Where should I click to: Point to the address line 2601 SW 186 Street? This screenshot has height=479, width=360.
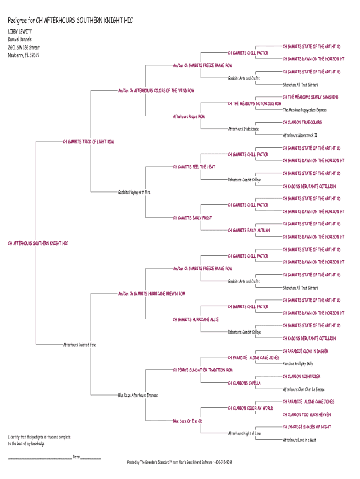point(24,47)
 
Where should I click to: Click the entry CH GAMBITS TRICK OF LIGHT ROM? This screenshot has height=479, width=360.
point(88,141)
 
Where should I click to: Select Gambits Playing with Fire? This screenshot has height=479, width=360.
point(134,192)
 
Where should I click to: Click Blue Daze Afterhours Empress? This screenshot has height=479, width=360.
point(138,395)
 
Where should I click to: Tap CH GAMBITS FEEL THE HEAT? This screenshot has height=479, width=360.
point(194,167)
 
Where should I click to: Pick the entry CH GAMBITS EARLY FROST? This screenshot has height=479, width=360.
point(192,218)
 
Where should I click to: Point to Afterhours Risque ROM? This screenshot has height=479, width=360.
point(189,116)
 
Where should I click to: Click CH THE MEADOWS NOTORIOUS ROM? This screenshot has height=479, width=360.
point(254,103)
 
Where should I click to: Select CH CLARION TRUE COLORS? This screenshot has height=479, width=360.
point(302,123)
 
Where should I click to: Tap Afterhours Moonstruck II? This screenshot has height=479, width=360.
point(300,135)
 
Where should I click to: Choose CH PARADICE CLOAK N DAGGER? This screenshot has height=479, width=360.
point(305,351)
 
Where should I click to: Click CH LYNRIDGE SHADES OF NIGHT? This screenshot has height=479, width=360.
point(307,427)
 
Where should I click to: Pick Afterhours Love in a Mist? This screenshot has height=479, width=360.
point(299,440)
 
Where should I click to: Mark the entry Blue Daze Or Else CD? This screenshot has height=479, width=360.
point(187,421)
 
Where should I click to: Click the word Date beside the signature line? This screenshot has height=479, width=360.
point(76,457)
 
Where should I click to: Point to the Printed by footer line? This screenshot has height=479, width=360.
point(180,462)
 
